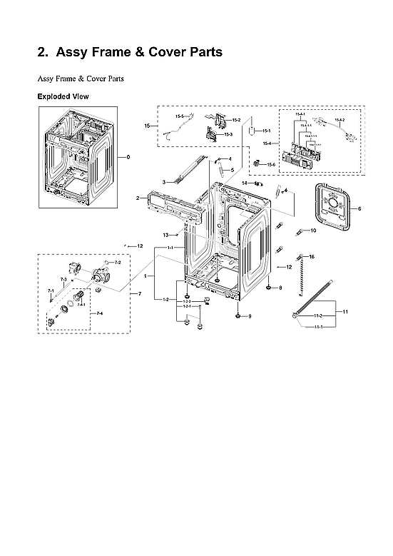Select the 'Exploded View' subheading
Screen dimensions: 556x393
pyautogui.click(x=63, y=96)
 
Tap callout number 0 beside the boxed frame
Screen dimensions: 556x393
pyautogui.click(x=128, y=156)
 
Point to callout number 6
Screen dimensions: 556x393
pyautogui.click(x=359, y=209)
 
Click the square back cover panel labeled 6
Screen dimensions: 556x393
pyautogui.click(x=333, y=208)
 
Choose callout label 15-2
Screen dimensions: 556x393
pyautogui.click(x=235, y=120)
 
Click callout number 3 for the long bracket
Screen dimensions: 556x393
pyautogui.click(x=163, y=183)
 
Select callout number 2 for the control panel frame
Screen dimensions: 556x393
pyautogui.click(x=138, y=197)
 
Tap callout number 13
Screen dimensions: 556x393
pyautogui.click(x=165, y=235)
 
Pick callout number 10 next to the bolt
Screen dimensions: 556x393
pyautogui.click(x=312, y=231)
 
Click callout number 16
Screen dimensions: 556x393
pyautogui.click(x=311, y=256)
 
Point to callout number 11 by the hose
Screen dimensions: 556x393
pyautogui.click(x=345, y=313)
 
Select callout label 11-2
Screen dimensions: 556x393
pyautogui.click(x=318, y=315)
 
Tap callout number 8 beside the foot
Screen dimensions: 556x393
pyautogui.click(x=280, y=288)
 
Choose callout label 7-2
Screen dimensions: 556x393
pyautogui.click(x=117, y=263)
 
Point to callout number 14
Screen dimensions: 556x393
pyautogui.click(x=244, y=183)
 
